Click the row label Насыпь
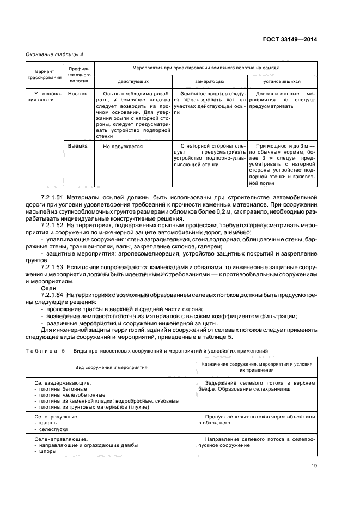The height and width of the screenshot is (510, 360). coord(77,94)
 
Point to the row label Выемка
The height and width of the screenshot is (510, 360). coord(77,146)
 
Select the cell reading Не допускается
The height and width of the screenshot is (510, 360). coord(123,146)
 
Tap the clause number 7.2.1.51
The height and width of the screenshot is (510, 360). coord(52,195)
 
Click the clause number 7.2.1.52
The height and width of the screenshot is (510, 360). coord(52,224)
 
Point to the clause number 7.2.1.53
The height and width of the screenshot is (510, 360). coord(52,267)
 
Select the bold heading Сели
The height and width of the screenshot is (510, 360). coord(49,288)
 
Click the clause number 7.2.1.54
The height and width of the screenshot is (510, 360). coord(52,295)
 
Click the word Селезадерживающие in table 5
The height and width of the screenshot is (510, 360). coord(62,384)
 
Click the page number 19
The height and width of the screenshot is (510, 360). coord(314,465)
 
